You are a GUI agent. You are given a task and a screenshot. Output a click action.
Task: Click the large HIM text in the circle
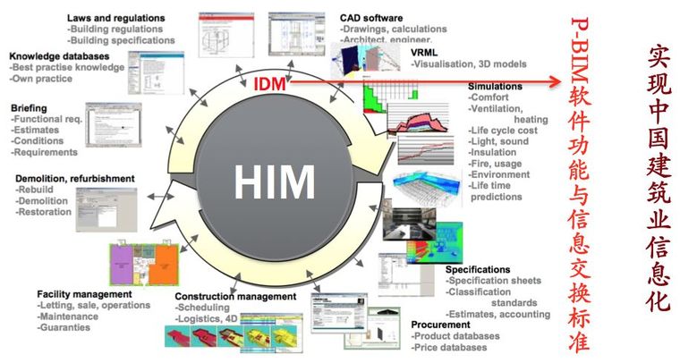pyautogui.click(x=274, y=182)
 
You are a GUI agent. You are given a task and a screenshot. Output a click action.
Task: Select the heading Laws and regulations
pyautogui.click(x=116, y=17)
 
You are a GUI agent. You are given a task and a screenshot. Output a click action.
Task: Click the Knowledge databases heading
pyautogui.click(x=60, y=55)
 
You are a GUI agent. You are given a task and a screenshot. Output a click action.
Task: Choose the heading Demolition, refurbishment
pyautogui.click(x=75, y=178)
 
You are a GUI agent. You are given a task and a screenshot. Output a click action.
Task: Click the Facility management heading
pyautogui.click(x=84, y=294)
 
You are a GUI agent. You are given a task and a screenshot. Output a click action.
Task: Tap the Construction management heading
pyautogui.click(x=234, y=296)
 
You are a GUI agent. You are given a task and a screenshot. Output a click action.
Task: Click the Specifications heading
pyautogui.click(x=478, y=269)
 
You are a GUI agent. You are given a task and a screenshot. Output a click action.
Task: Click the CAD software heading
pyautogui.click(x=371, y=17)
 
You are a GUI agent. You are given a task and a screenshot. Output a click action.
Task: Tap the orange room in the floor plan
pyautogui.click(x=165, y=264)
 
